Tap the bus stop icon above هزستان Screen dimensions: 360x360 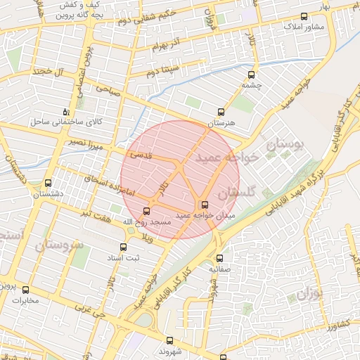pos(221,111)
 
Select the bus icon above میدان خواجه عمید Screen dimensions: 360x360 pos(205,205)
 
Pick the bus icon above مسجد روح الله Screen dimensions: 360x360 pos(147,210)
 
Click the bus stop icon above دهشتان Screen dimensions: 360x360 pos(48,182)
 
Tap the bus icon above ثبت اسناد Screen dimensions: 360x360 pos(124,247)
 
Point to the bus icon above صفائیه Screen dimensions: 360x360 pos(219,258)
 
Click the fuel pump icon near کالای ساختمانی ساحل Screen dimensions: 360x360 pos(66,111)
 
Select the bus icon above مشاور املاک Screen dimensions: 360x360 pos(304,15)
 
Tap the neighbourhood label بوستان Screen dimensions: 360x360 pos(285,145)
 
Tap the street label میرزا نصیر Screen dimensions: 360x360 pos(91,145)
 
